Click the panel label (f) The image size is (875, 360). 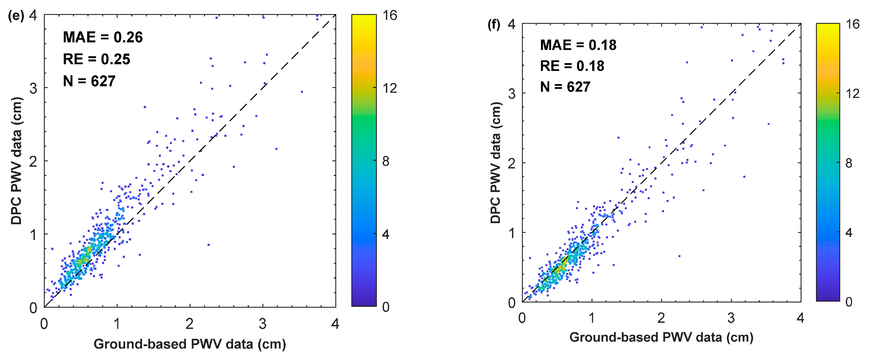(x=494, y=25)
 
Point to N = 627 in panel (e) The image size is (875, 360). (x=89, y=81)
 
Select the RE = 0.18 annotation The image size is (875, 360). (x=572, y=66)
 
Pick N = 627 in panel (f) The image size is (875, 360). (x=565, y=87)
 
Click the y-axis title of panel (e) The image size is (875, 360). (x=16, y=161)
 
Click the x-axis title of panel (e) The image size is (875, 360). (x=190, y=344)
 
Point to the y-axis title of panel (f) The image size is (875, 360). (x=496, y=163)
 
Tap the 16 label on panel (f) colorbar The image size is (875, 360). (x=853, y=24)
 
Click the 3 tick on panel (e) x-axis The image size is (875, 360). (x=262, y=324)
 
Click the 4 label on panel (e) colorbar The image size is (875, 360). (x=386, y=234)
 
